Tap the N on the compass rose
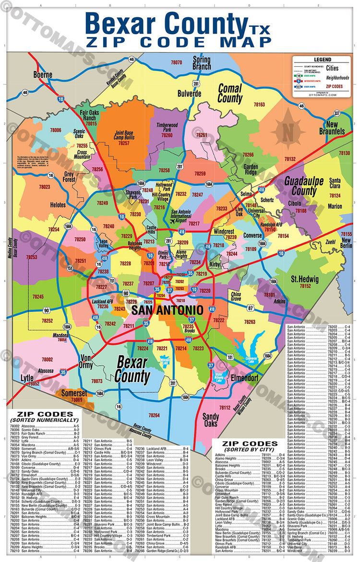tap(288, 130)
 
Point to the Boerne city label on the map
tap(43, 75)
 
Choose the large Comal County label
tap(230, 93)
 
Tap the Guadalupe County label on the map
tap(307, 186)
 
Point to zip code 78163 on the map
tap(259, 104)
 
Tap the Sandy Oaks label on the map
tap(210, 420)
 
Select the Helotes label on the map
tap(58, 205)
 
